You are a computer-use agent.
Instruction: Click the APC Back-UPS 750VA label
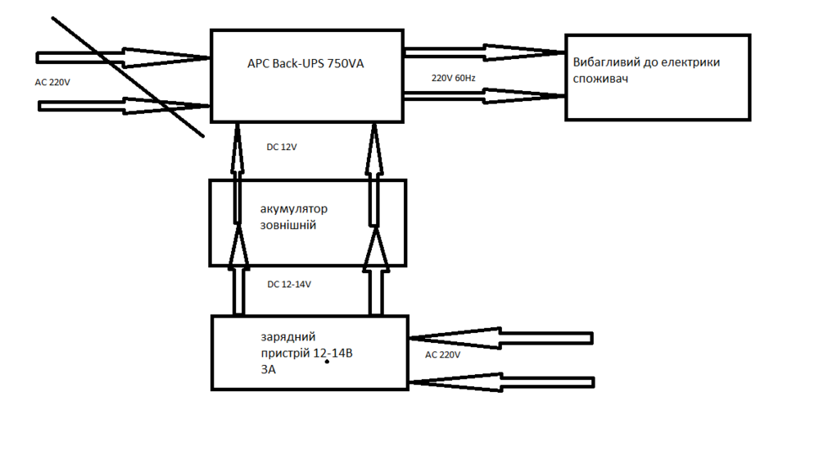click(x=305, y=63)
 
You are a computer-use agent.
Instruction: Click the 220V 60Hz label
click(x=454, y=78)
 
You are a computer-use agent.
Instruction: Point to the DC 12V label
click(x=283, y=148)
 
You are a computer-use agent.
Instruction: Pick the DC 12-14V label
click(x=289, y=285)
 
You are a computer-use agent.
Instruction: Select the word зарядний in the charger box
click(x=288, y=337)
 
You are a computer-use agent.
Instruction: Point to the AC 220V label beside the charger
click(x=442, y=355)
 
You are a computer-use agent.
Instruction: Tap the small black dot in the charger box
click(x=326, y=360)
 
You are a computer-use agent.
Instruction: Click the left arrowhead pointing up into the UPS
click(x=237, y=139)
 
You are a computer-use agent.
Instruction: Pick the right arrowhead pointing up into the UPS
click(x=374, y=139)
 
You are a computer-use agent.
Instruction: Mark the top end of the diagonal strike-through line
click(x=52, y=16)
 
